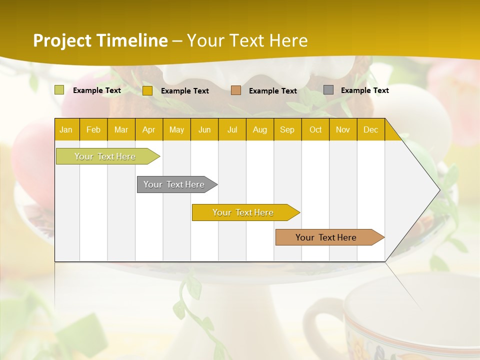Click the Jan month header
pos(66,129)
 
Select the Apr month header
pos(148,129)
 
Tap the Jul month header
pos(232,129)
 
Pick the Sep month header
pos(287,129)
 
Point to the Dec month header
pos(370,129)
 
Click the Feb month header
pos(93,129)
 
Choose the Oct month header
pos(315,129)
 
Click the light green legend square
pos(59,90)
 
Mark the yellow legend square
pos(147,90)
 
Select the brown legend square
pos(236,90)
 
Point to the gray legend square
pos(328,90)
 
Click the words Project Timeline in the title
pos(100,40)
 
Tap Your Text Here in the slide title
pos(247,40)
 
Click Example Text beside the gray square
pos(364,90)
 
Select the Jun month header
pos(204,129)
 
